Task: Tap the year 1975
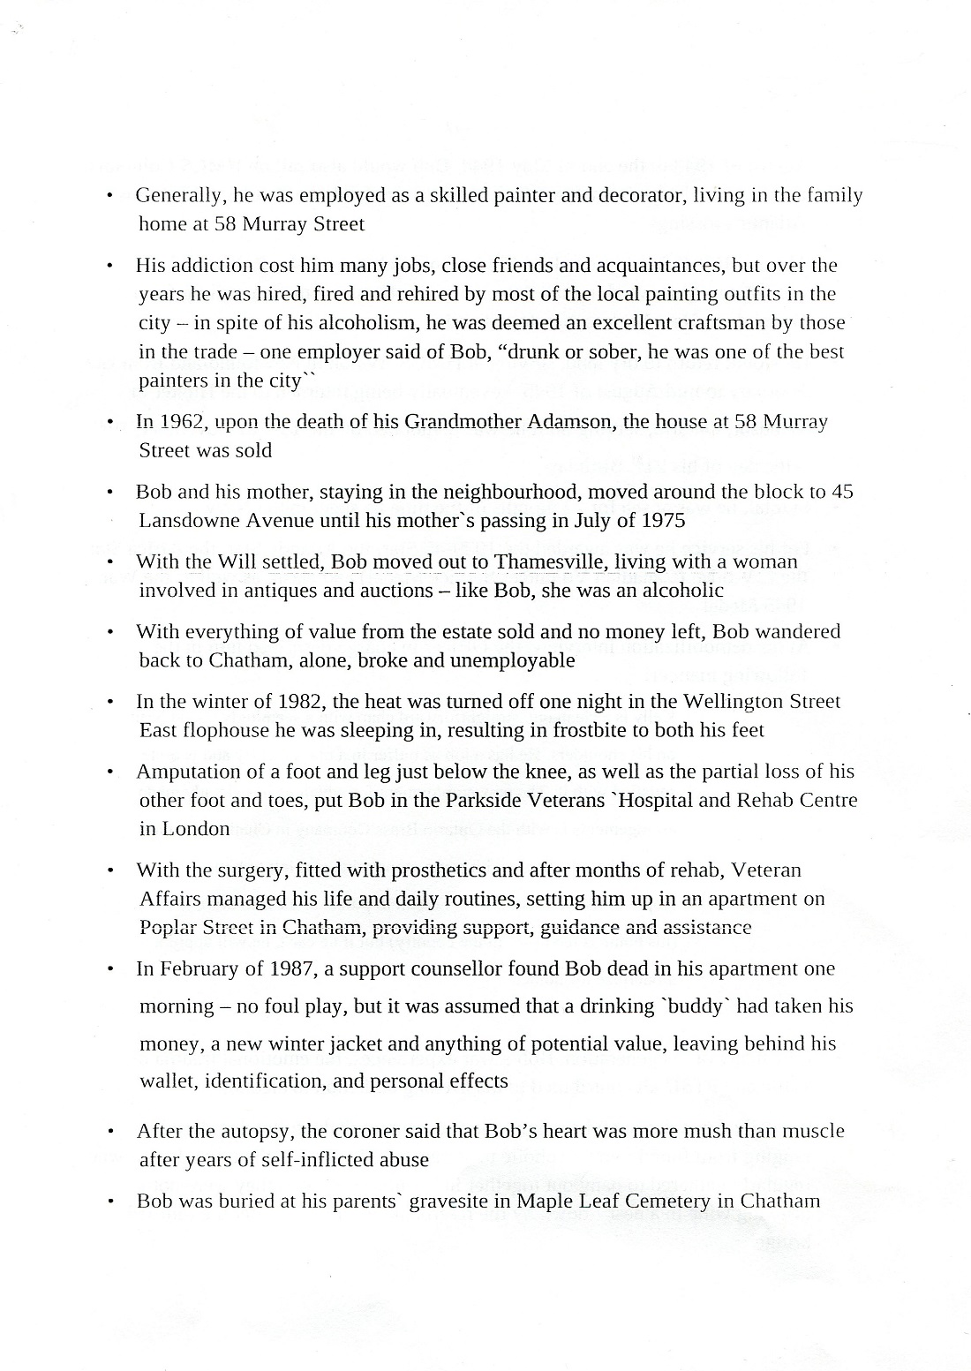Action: [661, 520]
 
